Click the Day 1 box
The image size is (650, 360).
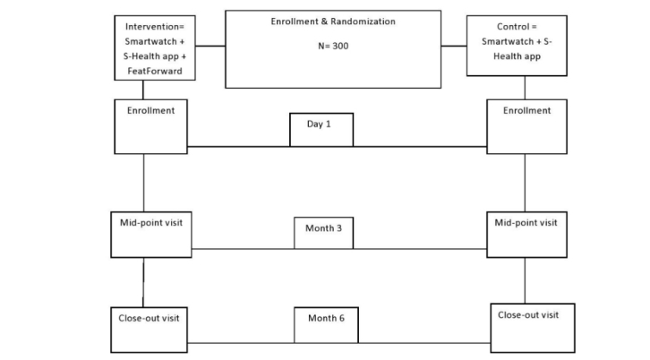[x=321, y=129]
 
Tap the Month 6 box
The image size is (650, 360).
[x=326, y=324]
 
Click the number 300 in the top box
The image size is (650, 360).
[x=340, y=47]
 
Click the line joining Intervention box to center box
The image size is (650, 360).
[x=210, y=45]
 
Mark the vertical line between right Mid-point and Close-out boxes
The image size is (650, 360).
[x=525, y=281]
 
